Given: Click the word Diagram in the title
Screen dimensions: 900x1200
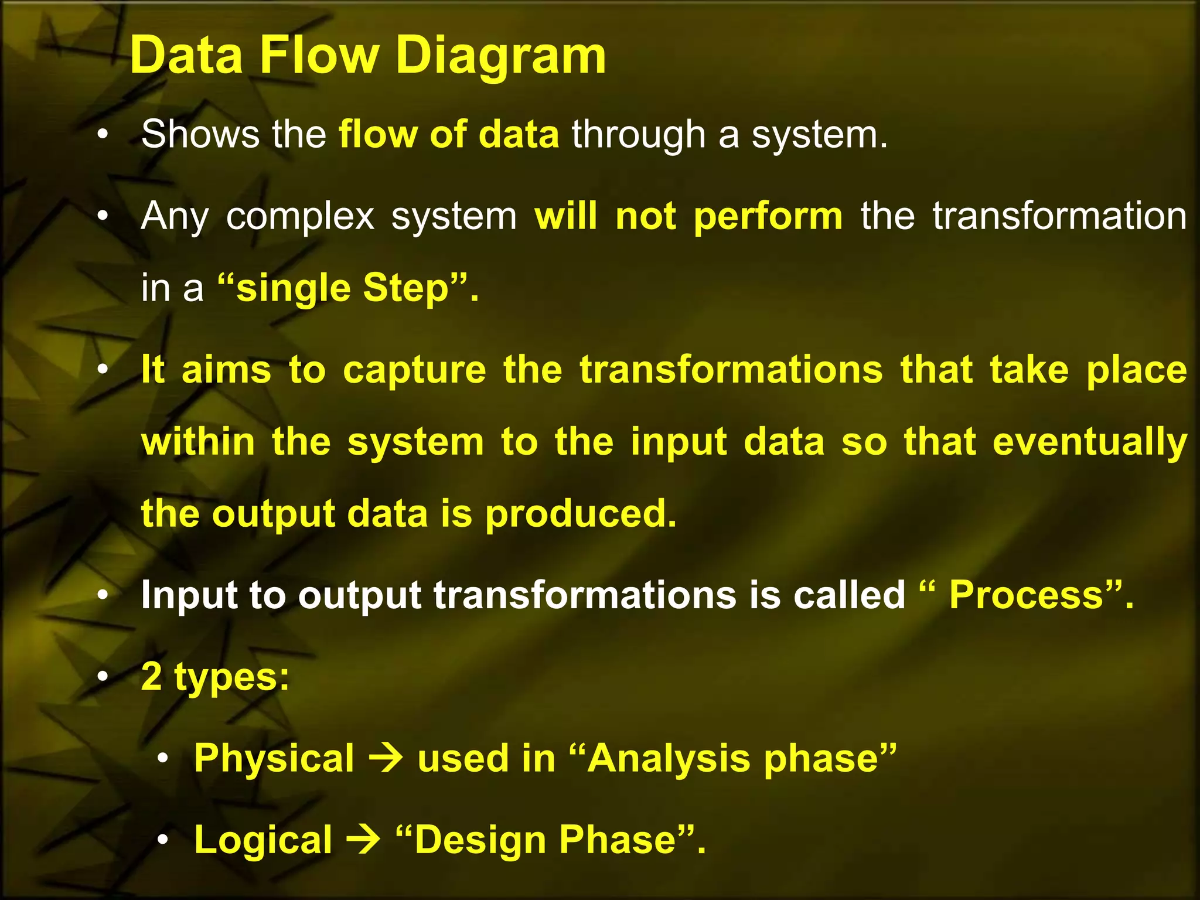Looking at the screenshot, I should [x=501, y=56].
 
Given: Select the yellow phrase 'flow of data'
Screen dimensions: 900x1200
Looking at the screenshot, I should [x=449, y=135].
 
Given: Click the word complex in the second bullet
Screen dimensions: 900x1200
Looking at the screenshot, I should [x=300, y=217].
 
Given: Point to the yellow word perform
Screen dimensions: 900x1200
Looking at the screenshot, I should [x=768, y=217].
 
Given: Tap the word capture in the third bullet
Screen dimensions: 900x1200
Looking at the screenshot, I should [x=414, y=370].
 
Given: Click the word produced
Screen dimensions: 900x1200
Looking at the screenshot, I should [x=580, y=514].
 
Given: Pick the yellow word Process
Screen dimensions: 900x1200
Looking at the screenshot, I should [x=1027, y=595].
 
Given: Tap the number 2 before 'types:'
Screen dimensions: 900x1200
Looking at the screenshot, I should [x=152, y=676].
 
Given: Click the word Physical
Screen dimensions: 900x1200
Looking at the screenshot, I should [x=274, y=758].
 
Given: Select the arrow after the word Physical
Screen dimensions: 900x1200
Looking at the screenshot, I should [x=386, y=758].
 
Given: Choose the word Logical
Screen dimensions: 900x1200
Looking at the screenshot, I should [x=263, y=840].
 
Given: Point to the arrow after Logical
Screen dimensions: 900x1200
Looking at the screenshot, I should [x=364, y=840].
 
